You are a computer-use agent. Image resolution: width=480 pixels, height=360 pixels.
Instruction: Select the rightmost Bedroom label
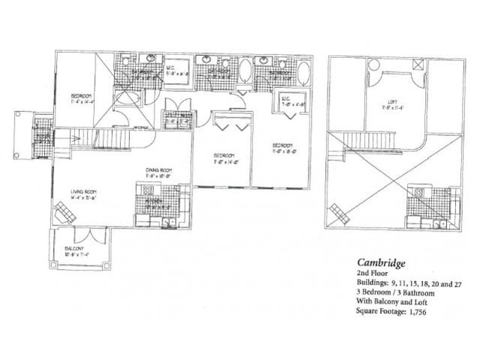pyautogui.click(x=281, y=144)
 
